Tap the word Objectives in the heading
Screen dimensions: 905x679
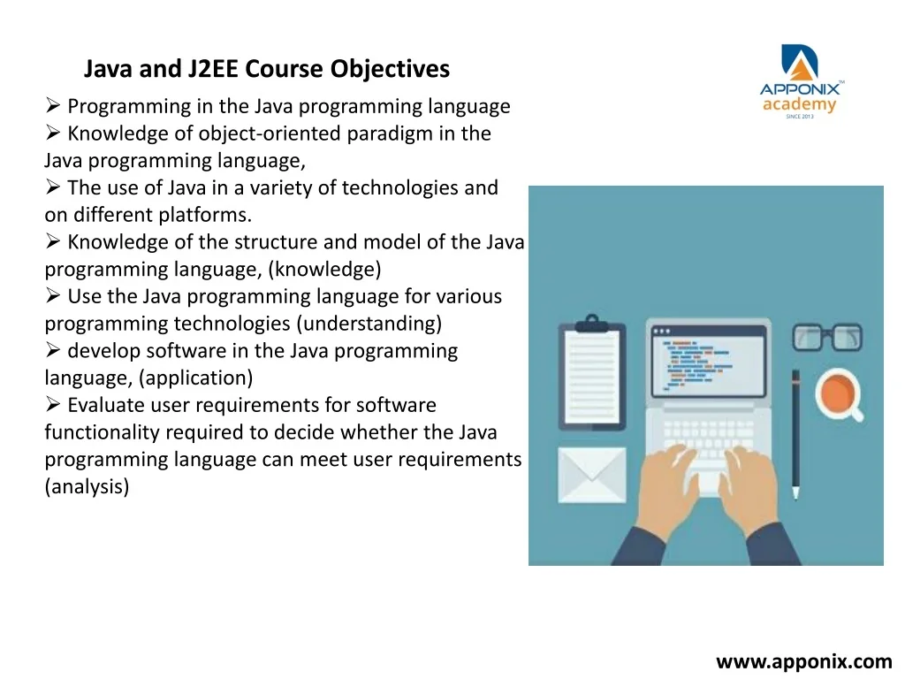pyautogui.click(x=390, y=69)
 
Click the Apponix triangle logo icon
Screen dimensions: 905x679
pyautogui.click(x=800, y=63)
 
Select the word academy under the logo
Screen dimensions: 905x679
pyautogui.click(x=799, y=105)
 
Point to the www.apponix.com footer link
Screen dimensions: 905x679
pyautogui.click(x=804, y=661)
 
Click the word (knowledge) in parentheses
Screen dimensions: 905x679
pyautogui.click(x=325, y=269)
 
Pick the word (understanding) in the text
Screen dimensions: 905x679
pyautogui.click(x=369, y=324)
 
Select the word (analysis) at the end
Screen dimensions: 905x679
pyautogui.click(x=87, y=486)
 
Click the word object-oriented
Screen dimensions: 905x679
pyautogui.click(x=270, y=134)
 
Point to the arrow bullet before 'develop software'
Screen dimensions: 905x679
pyautogui.click(x=53, y=350)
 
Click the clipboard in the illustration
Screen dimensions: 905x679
pyautogui.click(x=592, y=373)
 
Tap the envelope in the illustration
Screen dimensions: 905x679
pyautogui.click(x=592, y=475)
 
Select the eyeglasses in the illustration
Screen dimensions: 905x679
pyautogui.click(x=827, y=337)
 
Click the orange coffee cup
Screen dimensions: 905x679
pyautogui.click(x=838, y=393)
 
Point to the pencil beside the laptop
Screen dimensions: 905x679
pyautogui.click(x=796, y=434)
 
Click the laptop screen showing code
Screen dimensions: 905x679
pyautogui.click(x=709, y=361)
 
